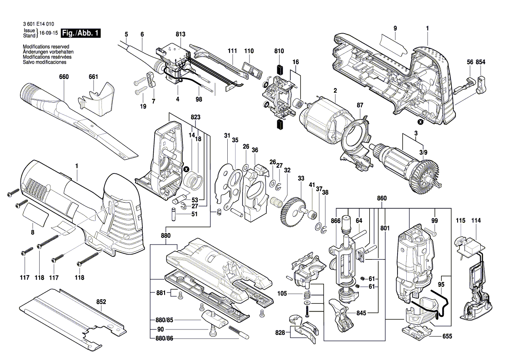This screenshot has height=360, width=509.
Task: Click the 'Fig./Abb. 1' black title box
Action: [x=81, y=33]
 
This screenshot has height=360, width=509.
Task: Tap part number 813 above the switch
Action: [x=181, y=34]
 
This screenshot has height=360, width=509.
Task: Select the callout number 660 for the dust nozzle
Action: [x=64, y=77]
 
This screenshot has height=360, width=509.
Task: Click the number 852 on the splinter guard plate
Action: [x=101, y=302]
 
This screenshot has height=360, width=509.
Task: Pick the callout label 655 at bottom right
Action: [x=447, y=336]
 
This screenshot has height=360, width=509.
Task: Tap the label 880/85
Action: [x=165, y=320]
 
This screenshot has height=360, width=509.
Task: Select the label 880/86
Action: [x=165, y=339]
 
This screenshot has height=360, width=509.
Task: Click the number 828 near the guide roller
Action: [x=280, y=333]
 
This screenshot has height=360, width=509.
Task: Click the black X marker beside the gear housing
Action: [x=186, y=169]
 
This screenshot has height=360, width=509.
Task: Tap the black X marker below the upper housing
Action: [x=420, y=122]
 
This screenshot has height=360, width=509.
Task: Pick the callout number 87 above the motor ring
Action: [x=360, y=105]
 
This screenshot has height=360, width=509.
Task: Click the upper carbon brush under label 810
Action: [x=279, y=70]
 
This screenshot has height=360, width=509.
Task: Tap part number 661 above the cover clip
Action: [x=93, y=77]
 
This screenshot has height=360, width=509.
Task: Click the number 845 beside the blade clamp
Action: [x=361, y=313]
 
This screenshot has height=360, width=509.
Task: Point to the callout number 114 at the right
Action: [x=476, y=221]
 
